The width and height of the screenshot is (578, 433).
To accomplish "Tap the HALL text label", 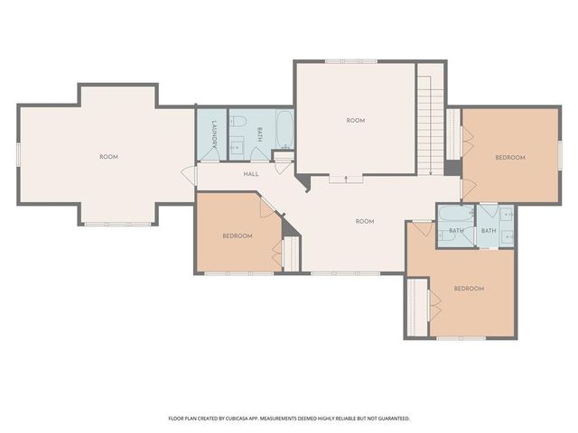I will (x=251, y=174).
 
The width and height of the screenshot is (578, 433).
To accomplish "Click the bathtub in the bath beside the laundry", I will (x=284, y=132).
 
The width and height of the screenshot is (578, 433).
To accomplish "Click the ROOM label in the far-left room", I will (x=108, y=157).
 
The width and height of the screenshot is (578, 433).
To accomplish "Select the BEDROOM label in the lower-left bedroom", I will (x=238, y=235).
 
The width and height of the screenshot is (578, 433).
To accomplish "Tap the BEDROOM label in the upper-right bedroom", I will (x=509, y=158).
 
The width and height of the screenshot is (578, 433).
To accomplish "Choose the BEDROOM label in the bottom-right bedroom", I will (x=469, y=289).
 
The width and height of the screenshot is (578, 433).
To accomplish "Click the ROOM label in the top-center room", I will (x=355, y=120).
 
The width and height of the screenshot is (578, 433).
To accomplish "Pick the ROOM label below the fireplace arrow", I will (x=364, y=221).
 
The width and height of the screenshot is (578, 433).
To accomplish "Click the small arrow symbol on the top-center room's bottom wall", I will (x=346, y=179).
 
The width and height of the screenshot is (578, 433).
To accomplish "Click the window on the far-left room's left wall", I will (x=17, y=154).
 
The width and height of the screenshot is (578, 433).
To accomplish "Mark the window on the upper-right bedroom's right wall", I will (x=560, y=152).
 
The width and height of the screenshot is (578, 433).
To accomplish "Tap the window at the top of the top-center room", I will (x=351, y=61).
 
